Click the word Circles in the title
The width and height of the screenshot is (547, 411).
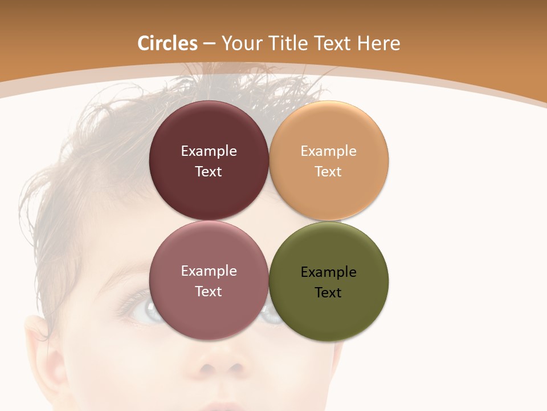point(168,43)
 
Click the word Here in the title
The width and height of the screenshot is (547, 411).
point(379,43)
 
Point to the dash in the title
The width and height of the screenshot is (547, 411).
point(209,44)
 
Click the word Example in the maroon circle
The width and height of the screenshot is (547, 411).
point(209,151)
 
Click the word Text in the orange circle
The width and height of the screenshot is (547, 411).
point(328,172)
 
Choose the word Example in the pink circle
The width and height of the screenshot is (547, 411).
point(209,271)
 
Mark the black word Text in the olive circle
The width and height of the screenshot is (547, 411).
point(328,293)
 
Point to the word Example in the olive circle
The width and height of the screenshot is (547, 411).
point(329,272)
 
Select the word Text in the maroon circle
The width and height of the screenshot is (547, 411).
point(209,172)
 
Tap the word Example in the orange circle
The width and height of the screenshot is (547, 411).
point(329,151)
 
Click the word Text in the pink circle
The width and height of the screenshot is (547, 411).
point(209,292)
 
